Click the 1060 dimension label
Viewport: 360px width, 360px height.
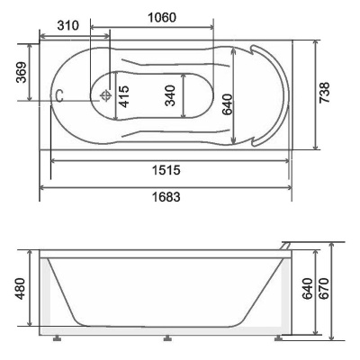[x=162, y=17]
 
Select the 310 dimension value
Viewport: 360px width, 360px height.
[x=68, y=25]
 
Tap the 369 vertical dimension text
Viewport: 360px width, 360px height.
[x=22, y=73]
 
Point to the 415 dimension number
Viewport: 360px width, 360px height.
[x=124, y=96]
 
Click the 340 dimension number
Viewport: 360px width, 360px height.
[x=170, y=95]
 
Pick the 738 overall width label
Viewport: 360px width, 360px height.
[x=324, y=93]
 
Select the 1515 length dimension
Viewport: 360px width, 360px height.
[x=166, y=170]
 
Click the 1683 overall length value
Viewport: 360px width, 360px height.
[x=166, y=197]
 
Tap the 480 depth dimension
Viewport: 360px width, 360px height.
[x=21, y=289]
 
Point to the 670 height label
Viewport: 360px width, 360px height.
[x=324, y=288]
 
